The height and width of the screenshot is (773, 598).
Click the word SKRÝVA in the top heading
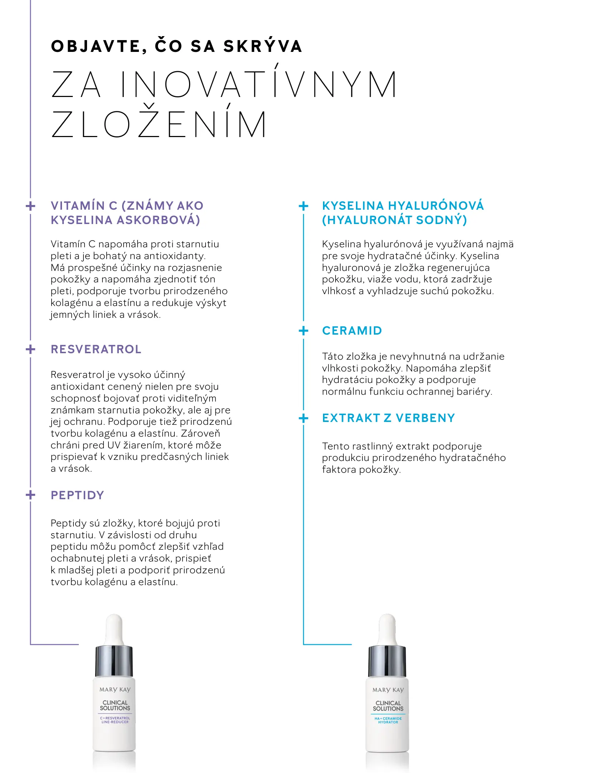[x=263, y=47]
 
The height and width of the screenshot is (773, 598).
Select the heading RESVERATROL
[x=96, y=349]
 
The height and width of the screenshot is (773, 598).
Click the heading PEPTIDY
[x=77, y=495]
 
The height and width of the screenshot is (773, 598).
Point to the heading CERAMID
[x=352, y=331]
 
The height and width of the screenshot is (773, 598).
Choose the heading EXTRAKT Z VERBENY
[x=389, y=418]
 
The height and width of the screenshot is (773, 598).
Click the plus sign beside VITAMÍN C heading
[x=31, y=206]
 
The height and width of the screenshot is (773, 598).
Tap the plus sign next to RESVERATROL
[x=31, y=349]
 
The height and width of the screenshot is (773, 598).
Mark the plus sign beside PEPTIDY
[x=31, y=495]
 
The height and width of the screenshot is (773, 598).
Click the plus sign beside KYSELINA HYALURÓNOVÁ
[x=303, y=206]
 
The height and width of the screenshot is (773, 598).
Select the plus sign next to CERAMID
[x=303, y=331]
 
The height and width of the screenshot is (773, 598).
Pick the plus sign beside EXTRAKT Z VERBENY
[x=303, y=418]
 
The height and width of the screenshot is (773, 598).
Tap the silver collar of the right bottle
[x=387, y=661]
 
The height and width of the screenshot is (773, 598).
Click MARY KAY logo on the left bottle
[x=115, y=690]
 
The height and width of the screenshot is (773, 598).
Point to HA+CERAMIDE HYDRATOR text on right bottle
[x=388, y=720]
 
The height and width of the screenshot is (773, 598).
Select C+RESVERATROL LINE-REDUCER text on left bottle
[x=115, y=720]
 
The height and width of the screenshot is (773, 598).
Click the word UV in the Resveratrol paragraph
[x=114, y=445]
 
